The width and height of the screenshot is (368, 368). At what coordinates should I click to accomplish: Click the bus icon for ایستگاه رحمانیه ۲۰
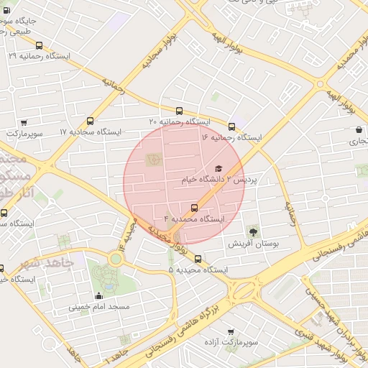pos(179,111)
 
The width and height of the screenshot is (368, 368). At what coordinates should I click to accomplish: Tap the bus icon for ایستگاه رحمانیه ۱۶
pos(231,126)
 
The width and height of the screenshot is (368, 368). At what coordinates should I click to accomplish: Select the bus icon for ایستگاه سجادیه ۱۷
pos(90,121)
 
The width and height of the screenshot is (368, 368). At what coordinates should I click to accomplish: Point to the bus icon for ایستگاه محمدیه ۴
pos(194,208)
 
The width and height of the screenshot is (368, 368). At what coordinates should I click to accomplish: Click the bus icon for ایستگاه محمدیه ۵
pos(198,259)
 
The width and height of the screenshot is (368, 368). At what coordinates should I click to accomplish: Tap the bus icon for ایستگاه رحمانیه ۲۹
pos(38,44)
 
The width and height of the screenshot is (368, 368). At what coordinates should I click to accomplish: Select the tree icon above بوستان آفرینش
pos(252,231)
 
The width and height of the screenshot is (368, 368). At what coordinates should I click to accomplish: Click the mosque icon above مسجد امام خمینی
pos(98,295)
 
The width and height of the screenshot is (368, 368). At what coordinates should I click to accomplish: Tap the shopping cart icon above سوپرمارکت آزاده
pos(230,331)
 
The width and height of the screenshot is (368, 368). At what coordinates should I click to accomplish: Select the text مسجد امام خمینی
pos(99,307)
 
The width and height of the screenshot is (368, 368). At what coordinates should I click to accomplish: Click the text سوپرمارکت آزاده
pos(230,343)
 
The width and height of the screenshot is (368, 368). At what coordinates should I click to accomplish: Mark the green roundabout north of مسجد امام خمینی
pos(115,259)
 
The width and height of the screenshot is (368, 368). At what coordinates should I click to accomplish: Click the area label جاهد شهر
pos(29,263)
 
